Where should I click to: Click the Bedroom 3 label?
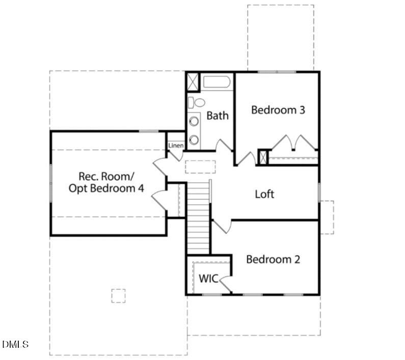tap(278, 110)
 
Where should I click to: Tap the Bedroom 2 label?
tap(273, 260)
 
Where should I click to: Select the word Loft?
tap(264, 194)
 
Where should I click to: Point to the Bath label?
tap(218, 116)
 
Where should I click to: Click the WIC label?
tap(208, 279)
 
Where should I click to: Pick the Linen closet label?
tap(176, 146)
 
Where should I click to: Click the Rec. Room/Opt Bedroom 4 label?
tap(106, 182)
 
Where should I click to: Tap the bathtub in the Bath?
tap(217, 82)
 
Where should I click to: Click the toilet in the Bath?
tap(196, 102)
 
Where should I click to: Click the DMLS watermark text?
tap(15, 344)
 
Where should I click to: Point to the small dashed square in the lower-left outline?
tap(119, 296)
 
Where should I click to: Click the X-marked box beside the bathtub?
tap(193, 82)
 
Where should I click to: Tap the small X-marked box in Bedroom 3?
tap(263, 157)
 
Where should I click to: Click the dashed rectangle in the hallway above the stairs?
tap(200, 167)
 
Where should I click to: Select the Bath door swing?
tap(224, 146)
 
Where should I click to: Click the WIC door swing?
tap(225, 284)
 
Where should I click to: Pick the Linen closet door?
tap(175, 156)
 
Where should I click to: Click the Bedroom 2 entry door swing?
tap(222, 227)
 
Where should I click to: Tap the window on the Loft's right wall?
tap(319, 192)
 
